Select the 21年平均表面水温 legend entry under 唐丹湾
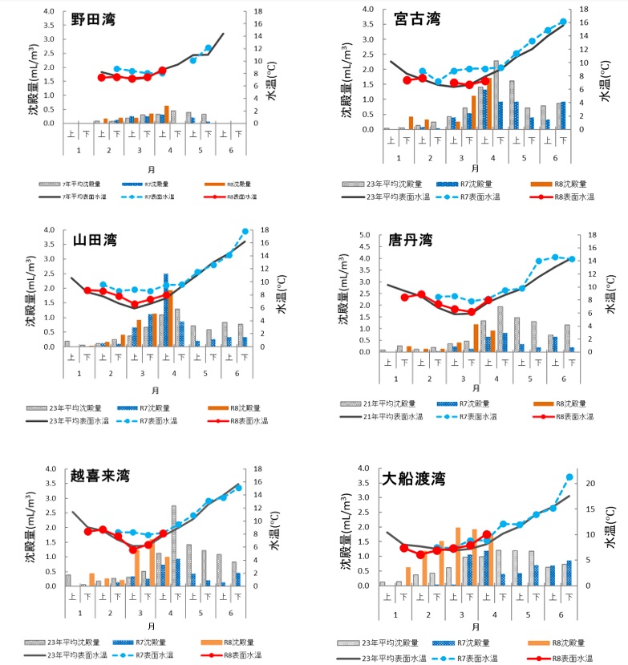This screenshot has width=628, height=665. tap(381, 417)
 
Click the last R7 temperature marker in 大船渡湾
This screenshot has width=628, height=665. tap(569, 477)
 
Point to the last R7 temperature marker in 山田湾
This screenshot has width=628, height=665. tap(245, 232)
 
